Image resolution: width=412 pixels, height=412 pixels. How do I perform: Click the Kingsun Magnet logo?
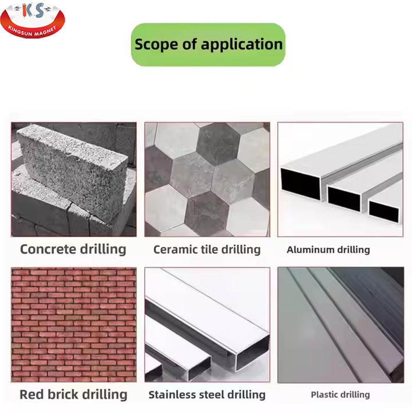32,20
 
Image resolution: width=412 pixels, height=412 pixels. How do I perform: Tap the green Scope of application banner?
208,45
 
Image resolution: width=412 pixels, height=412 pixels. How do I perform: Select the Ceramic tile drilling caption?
207,250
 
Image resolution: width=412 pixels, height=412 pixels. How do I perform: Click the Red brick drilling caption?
73,394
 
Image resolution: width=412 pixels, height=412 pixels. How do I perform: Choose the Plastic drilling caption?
340,394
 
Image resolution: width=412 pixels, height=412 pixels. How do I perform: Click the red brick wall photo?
74,325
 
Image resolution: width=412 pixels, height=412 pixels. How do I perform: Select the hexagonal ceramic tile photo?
207,179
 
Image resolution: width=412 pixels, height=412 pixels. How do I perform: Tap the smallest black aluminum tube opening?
384,211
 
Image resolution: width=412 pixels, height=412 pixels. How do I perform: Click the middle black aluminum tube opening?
344,198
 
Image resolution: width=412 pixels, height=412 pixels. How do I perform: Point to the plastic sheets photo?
341,325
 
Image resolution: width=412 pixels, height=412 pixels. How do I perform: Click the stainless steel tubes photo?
207,325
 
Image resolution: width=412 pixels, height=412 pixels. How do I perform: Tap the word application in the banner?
242,44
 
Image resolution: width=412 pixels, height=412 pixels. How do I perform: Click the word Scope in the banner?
157,44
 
